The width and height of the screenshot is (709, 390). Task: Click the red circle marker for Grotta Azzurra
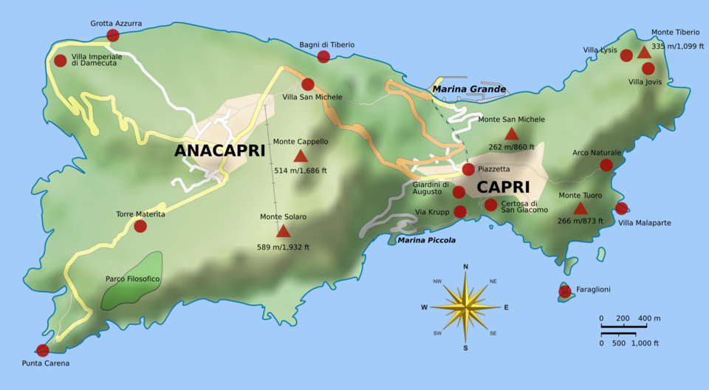pyautogui.click(x=113, y=35)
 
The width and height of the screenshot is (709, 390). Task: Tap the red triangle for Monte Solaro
pyautogui.click(x=283, y=231)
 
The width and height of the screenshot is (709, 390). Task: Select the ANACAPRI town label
pyautogui.click(x=219, y=151)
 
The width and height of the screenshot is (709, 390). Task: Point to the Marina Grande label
pyautogui.click(x=469, y=89)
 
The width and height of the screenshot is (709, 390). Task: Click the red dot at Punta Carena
pyautogui.click(x=43, y=350)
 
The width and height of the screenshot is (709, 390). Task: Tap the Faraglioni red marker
pyautogui.click(x=565, y=291)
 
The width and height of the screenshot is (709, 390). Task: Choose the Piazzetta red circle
pyautogui.click(x=468, y=169)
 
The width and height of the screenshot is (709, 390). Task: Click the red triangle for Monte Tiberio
pyautogui.click(x=644, y=52)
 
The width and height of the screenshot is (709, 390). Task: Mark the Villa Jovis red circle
pyautogui.click(x=648, y=69)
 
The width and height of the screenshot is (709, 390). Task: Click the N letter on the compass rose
pyautogui.click(x=465, y=267)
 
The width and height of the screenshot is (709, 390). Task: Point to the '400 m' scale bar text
pyautogui.click(x=649, y=318)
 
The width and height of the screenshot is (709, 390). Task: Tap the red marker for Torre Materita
pyautogui.click(x=140, y=226)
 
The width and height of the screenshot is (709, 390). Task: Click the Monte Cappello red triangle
pyautogui.click(x=300, y=156)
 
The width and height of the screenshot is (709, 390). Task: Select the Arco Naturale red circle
pyautogui.click(x=606, y=165)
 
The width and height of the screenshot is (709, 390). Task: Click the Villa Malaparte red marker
pyautogui.click(x=621, y=208)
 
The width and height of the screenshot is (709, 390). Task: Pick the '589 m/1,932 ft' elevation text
pyautogui.click(x=283, y=247)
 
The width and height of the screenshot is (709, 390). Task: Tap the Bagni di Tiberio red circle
pyautogui.click(x=323, y=57)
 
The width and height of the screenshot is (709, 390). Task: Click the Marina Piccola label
pyautogui.click(x=426, y=240)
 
